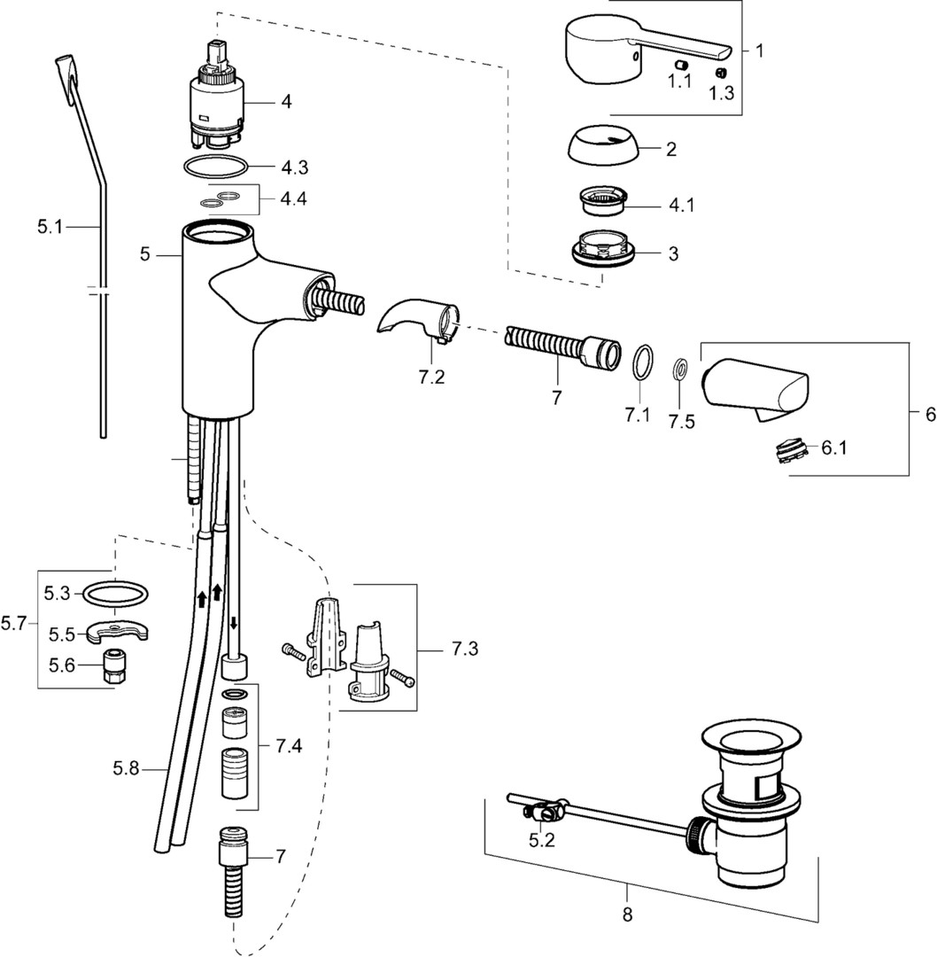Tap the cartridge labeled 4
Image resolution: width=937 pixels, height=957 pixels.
[220, 102]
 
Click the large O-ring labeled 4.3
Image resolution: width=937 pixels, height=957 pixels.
[216, 166]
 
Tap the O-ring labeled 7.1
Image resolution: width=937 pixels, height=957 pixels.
[644, 362]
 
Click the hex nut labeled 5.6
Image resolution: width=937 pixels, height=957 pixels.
[112, 665]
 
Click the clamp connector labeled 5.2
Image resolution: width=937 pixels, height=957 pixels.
[544, 808]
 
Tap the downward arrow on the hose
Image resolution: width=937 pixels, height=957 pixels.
[234, 621]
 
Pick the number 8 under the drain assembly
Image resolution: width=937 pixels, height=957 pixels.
[627, 914]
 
